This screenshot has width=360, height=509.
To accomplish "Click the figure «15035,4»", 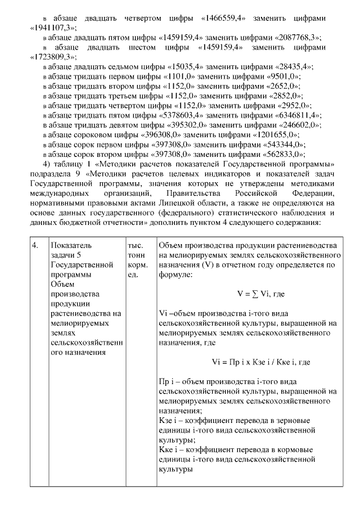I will (x=182, y=66).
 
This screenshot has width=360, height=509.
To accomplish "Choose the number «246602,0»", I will (x=299, y=125).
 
